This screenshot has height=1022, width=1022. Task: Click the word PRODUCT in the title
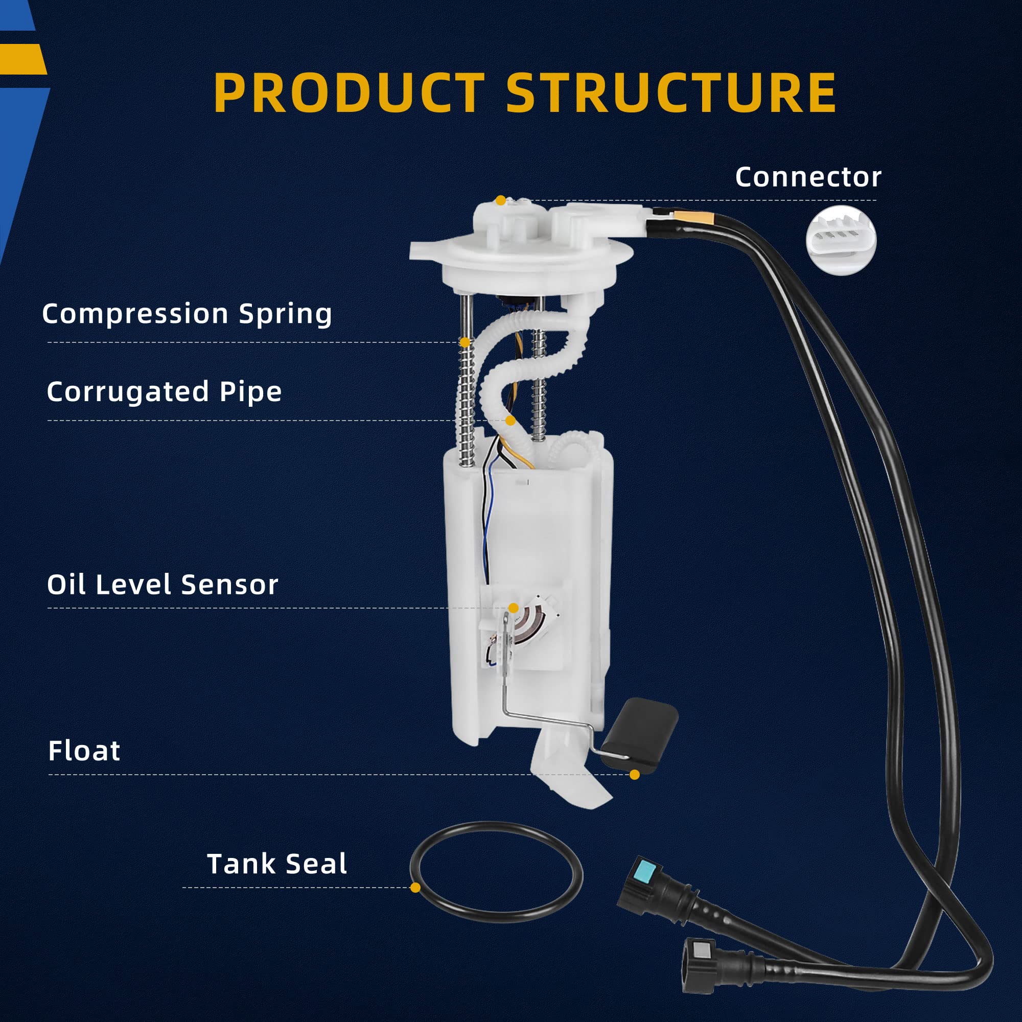[349, 92]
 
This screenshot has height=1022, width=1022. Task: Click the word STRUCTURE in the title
[671, 92]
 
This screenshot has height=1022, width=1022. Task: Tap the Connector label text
[808, 177]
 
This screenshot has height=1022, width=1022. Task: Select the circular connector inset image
[841, 240]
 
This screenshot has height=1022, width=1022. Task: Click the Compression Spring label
[187, 314]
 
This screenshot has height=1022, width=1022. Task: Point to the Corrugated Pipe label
[164, 391]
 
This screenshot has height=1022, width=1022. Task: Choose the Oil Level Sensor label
[162, 585]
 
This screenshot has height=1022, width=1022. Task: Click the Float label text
[84, 751]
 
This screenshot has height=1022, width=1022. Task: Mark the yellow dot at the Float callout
[635, 775]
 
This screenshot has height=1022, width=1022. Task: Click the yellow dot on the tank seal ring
[415, 888]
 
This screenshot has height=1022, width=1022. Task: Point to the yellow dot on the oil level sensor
[513, 608]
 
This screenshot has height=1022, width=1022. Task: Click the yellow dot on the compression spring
[465, 342]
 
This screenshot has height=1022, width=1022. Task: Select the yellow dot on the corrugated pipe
[510, 421]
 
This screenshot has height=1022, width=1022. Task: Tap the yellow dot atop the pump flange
[500, 200]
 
